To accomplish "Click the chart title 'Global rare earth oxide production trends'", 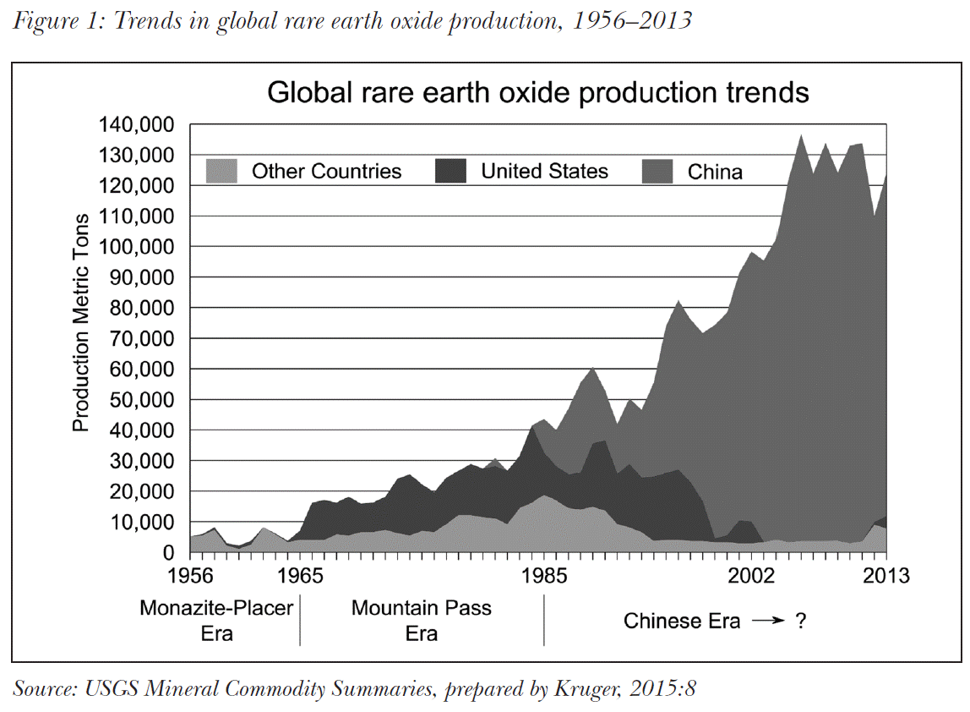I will (x=538, y=92).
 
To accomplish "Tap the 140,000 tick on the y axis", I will (x=136, y=125).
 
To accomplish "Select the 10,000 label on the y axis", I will (x=141, y=523).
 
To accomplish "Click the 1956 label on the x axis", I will (x=189, y=577).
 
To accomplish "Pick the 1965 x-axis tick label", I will (x=300, y=577).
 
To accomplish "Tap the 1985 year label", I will (x=544, y=577).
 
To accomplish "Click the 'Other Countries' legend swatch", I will (x=224, y=172).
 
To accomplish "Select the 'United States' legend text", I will (x=544, y=172).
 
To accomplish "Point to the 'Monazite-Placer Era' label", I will (x=216, y=620).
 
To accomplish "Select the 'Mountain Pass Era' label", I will (x=422, y=620).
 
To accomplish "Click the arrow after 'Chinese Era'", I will (x=768, y=622).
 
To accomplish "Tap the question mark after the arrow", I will (x=798, y=622).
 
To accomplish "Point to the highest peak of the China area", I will (x=801, y=135).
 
